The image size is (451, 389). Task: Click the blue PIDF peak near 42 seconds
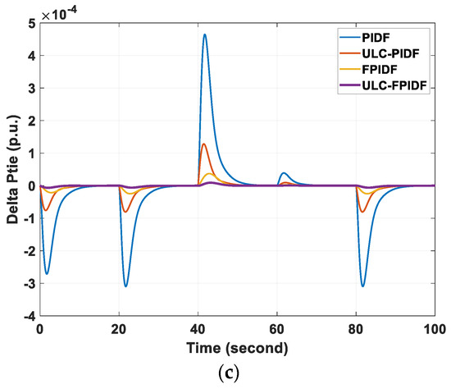tap(205, 34)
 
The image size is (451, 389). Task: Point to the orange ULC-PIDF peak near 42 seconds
tap(203, 144)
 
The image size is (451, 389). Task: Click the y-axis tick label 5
tap(31, 24)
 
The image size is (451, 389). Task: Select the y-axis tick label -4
tap(27, 316)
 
